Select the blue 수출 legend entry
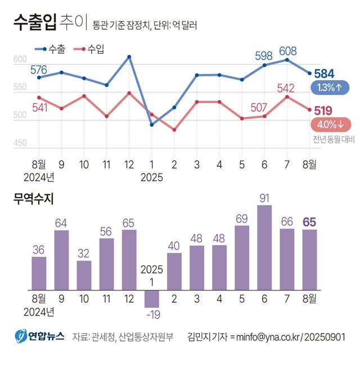point(50,49)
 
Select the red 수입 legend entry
point(89,49)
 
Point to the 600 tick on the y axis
point(20,60)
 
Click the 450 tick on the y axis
point(20,143)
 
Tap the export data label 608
point(287,51)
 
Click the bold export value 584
point(325,74)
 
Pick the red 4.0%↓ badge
point(330,125)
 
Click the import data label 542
point(286,88)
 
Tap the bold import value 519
point(325,111)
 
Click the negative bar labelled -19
point(152,298)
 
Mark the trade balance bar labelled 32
point(84,275)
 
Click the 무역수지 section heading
point(33,198)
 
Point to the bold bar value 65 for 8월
point(309,221)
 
